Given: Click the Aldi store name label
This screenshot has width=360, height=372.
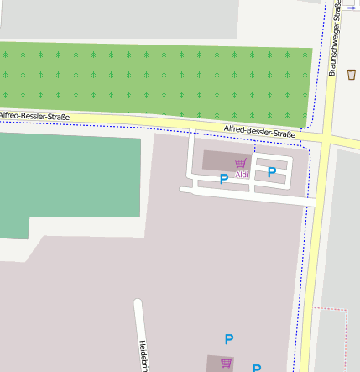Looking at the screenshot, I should [242, 175].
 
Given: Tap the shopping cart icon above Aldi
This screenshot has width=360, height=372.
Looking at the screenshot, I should [241, 163].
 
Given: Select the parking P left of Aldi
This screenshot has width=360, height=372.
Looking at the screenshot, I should [224, 179].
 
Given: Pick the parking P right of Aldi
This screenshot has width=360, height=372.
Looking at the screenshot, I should [272, 172].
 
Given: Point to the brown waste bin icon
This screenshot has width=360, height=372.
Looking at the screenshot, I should [351, 75].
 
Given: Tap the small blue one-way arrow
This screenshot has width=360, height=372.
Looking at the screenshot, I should [351, 6].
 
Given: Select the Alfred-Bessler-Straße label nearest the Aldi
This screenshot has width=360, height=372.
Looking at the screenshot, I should [259, 131].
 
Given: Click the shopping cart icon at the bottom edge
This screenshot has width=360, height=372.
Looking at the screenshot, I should [226, 363].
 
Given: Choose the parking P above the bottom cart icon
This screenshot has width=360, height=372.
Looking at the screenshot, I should [228, 339].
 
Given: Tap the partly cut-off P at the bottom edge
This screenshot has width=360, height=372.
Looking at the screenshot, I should [257, 368].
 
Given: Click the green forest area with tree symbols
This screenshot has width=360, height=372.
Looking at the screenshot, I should [151, 80].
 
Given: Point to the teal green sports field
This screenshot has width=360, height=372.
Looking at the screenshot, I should [67, 181].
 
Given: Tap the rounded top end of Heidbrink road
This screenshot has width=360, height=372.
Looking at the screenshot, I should [138, 301].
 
